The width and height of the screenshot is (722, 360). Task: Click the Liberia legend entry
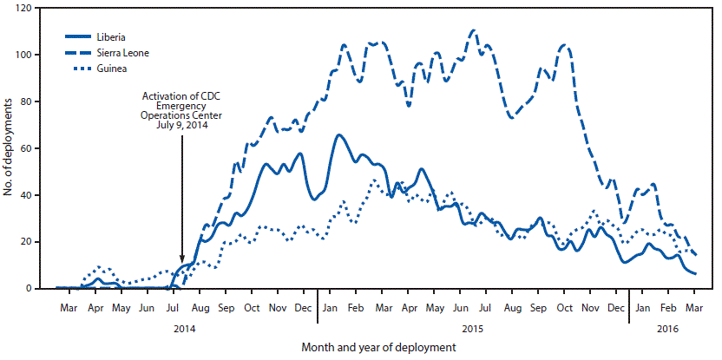(122, 37)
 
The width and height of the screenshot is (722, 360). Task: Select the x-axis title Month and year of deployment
(378, 348)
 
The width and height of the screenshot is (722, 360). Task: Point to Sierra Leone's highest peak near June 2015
(473, 30)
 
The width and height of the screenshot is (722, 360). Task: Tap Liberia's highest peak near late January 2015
(338, 134)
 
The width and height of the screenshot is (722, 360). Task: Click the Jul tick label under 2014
(174, 308)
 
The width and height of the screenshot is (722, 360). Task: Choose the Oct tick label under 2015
(564, 308)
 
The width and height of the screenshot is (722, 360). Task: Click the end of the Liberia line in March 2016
(696, 273)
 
